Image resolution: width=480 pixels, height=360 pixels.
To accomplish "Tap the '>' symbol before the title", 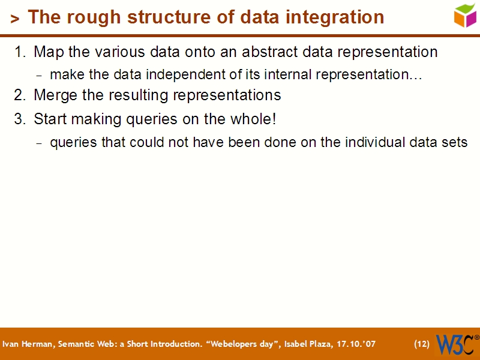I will [x=15, y=19].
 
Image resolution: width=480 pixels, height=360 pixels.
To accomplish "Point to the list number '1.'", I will [x=20, y=52].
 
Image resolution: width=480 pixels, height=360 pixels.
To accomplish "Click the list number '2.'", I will [x=20, y=95].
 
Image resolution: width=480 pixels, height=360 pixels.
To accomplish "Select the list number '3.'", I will [x=20, y=119].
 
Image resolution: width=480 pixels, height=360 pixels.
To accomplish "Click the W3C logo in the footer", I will [x=456, y=344].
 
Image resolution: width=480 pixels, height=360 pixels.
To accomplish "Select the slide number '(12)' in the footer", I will [x=422, y=344].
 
